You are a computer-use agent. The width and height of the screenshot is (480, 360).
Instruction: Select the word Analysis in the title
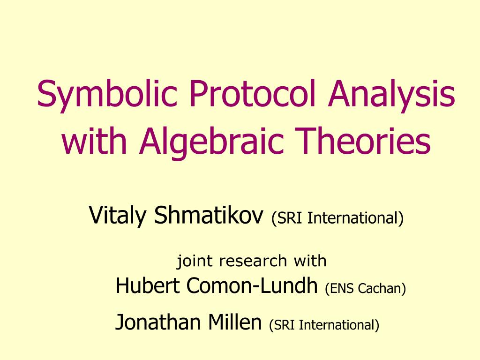(x=392, y=94)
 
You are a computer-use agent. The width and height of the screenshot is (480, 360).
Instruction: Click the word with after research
(x=309, y=261)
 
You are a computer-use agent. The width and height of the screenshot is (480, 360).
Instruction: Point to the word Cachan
(x=382, y=288)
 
